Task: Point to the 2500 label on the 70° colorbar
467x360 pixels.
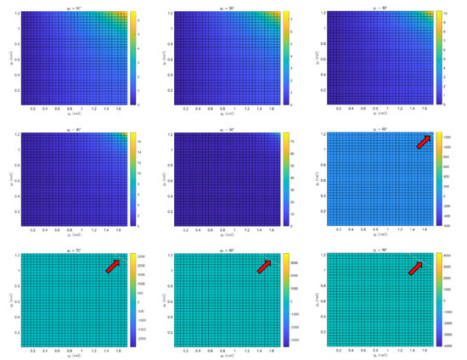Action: pos(140,256)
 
